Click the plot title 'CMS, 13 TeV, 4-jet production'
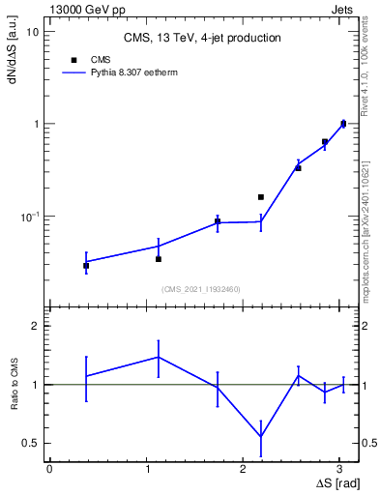(x=202, y=38)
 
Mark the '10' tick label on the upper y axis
(x=32, y=32)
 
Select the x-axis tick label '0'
(x=49, y=469)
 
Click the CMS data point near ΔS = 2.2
(x=261, y=197)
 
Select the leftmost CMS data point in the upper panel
(x=86, y=265)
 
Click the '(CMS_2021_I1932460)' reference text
(x=201, y=289)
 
